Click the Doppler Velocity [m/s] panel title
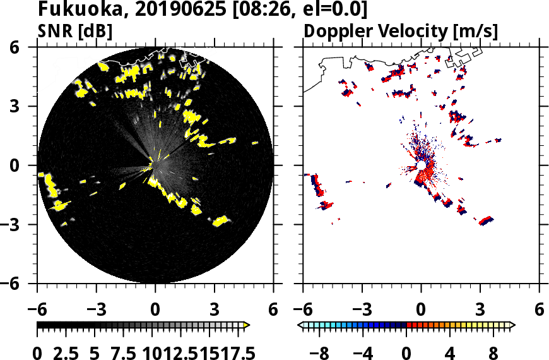point(401,30)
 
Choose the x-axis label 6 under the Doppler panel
point(539,311)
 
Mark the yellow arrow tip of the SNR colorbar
point(247,325)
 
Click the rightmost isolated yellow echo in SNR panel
point(255,143)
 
